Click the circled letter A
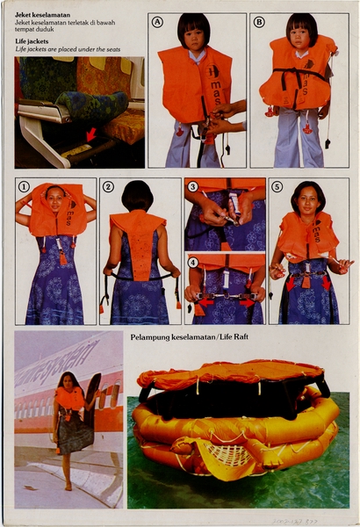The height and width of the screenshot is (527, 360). pos(157,22)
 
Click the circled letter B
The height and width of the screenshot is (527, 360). pos(259,22)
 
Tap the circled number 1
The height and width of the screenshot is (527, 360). pos(25,186)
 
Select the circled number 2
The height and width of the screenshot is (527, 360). pos(108,186)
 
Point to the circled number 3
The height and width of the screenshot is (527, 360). pos(192,186)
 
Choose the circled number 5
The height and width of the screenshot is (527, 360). pos(277,186)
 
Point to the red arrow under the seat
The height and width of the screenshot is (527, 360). pos(90,134)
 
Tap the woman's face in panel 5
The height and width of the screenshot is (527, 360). pos(310,199)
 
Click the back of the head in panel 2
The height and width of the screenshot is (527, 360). pos(137,195)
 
